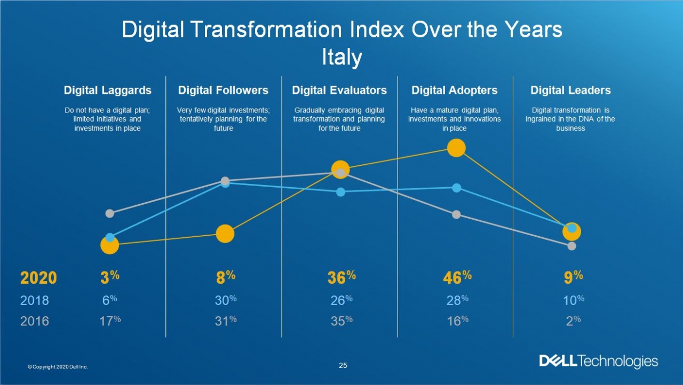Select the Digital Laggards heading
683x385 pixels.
pos(108,90)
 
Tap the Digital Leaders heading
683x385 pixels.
pos(570,90)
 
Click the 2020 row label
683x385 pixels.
pos(38,278)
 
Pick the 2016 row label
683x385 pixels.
pos(35,320)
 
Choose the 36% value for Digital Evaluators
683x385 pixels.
pos(341,277)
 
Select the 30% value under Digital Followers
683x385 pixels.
pos(225,300)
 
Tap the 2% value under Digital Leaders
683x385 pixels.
pos(573,320)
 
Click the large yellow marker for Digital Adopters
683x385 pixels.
pos(456,148)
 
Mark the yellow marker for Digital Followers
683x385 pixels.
pos(225,234)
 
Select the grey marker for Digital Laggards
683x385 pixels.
pos(109,213)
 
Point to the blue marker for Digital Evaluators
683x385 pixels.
pos(341,192)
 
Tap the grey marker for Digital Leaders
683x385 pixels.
pos(571,246)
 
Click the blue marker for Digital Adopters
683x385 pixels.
pos(456,188)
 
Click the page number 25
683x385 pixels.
pos(343,365)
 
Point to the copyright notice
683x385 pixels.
pos(58,367)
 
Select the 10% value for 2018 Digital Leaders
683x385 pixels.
pos(573,300)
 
